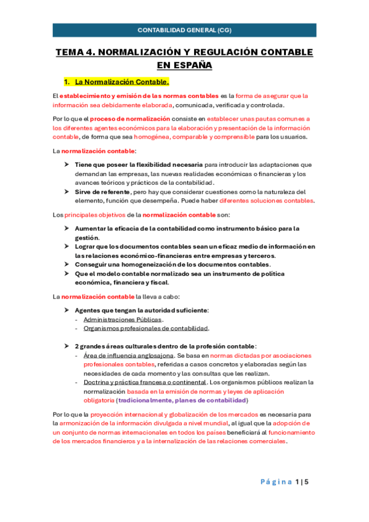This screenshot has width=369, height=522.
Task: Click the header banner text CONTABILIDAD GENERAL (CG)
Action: (x=184, y=30)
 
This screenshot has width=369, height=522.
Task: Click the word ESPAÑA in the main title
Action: (x=184, y=65)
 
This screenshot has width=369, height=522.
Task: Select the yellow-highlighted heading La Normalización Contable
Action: (x=121, y=82)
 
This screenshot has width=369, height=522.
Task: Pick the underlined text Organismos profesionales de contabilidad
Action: (x=146, y=328)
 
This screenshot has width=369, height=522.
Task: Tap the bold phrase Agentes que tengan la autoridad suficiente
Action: (x=140, y=310)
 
